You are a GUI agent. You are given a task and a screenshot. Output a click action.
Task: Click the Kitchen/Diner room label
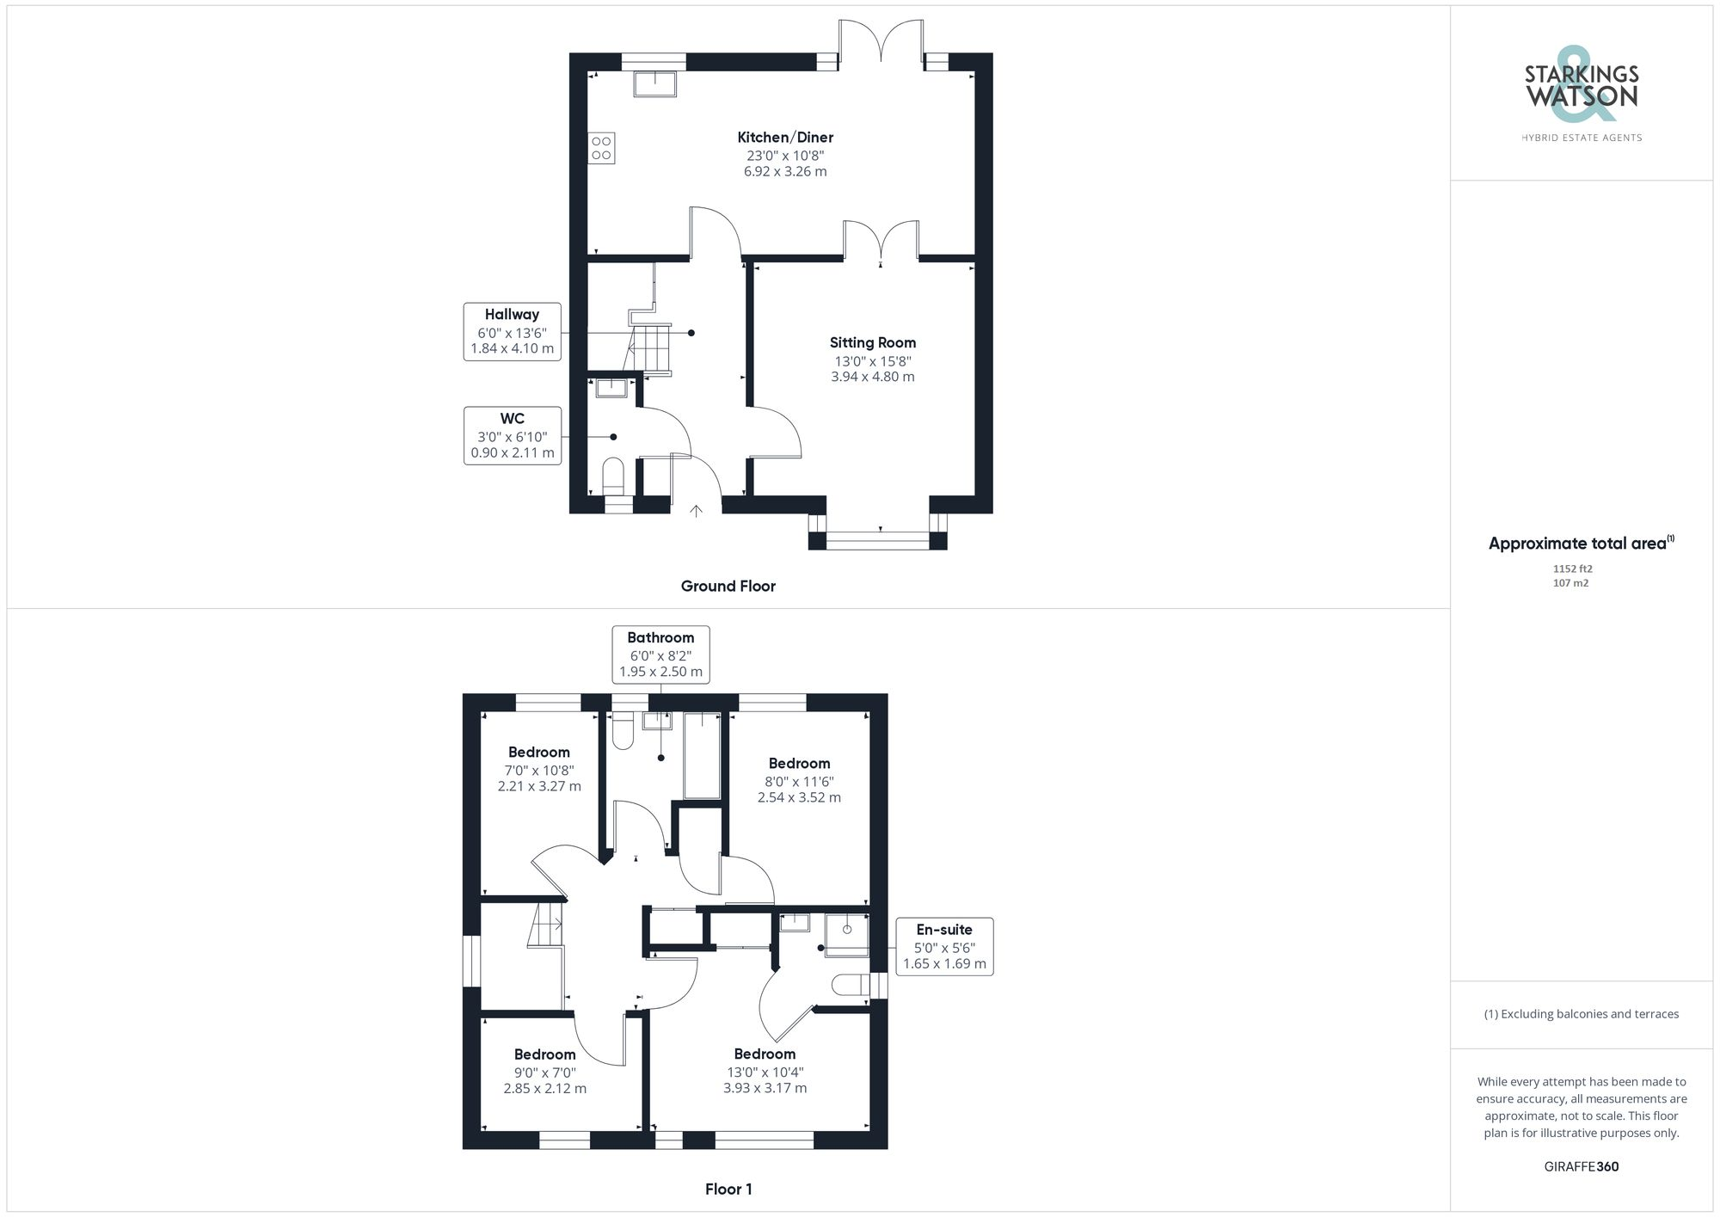785,138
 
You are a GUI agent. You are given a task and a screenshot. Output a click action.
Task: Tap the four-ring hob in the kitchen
601,148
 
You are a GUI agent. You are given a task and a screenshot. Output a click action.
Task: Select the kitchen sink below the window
655,83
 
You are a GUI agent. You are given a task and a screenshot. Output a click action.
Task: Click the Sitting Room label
872,342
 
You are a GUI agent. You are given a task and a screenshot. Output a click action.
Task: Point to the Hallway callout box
512,331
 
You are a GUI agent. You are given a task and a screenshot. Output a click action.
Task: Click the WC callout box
512,436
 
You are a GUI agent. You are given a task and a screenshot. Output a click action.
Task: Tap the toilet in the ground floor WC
612,476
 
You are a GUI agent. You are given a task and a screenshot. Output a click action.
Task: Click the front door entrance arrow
696,511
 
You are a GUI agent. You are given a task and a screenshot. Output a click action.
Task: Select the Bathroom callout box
660,655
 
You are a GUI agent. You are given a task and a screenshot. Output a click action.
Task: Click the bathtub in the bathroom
702,755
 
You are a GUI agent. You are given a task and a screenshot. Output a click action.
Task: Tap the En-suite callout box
944,946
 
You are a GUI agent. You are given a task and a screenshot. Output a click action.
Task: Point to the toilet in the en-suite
851,985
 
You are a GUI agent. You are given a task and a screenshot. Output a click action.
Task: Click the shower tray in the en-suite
846,935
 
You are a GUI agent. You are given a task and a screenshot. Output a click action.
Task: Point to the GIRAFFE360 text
1581,1167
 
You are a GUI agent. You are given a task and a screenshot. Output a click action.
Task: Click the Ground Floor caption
728,587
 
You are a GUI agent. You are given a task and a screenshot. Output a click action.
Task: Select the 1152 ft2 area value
1572,569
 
